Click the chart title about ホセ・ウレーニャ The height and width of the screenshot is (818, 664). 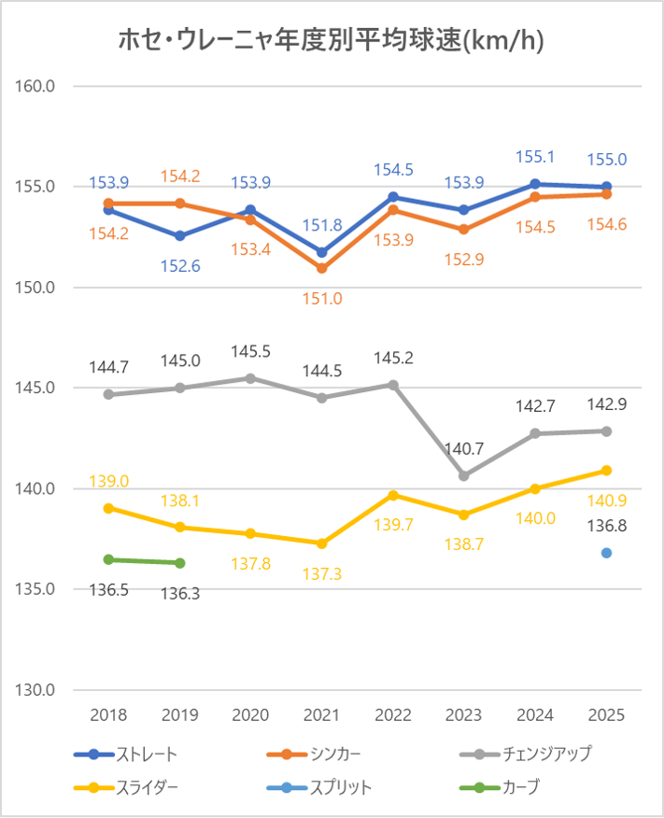pyautogui.click(x=332, y=40)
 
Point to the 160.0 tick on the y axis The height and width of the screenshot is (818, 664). pyautogui.click(x=37, y=86)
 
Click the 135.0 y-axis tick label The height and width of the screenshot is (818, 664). pyautogui.click(x=37, y=589)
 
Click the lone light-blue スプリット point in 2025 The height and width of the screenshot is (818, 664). pyautogui.click(x=606, y=553)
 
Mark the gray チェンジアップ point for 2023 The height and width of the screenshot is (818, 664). pyautogui.click(x=464, y=475)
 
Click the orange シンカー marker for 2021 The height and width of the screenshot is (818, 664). pyautogui.click(x=322, y=268)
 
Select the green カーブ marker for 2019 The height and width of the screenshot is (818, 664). pyautogui.click(x=180, y=563)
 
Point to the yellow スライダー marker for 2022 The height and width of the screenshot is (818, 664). pyautogui.click(x=393, y=495)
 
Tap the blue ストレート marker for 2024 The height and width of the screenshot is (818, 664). pyautogui.click(x=535, y=184)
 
